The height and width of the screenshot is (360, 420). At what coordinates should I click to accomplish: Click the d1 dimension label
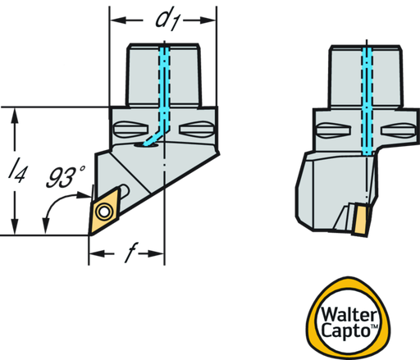(167, 21)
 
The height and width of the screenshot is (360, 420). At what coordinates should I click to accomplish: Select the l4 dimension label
(17, 171)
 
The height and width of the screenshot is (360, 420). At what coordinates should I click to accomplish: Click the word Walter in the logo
(349, 314)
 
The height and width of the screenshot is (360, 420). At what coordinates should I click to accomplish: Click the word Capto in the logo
(345, 330)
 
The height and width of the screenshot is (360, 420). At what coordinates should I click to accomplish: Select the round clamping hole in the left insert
(104, 212)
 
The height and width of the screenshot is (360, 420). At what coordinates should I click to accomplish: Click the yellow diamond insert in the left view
(104, 211)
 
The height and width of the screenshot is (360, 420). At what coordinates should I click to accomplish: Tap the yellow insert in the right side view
(362, 220)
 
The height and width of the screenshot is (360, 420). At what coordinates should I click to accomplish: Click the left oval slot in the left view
(131, 129)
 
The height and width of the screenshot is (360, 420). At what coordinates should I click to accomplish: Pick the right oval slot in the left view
(196, 129)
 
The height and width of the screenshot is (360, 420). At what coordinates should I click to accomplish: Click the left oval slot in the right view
(333, 130)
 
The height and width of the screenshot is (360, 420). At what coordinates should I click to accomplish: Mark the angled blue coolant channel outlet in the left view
(153, 138)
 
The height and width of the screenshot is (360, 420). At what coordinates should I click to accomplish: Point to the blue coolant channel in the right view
(367, 101)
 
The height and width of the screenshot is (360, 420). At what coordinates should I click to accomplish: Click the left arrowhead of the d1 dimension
(117, 21)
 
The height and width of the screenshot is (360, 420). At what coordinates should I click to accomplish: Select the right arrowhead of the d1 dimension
(208, 21)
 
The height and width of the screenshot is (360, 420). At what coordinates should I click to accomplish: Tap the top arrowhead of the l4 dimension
(15, 116)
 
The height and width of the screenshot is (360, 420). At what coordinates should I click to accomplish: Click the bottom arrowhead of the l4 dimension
(15, 226)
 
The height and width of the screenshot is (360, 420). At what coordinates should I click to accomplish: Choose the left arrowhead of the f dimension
(97, 253)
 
